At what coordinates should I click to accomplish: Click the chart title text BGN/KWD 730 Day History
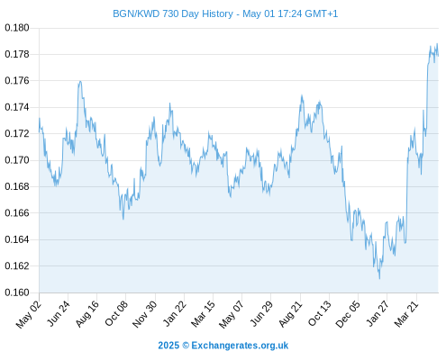coord(173,13)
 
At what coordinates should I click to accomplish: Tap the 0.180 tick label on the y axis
coord(17,28)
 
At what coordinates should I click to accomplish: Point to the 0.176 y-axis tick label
coord(17,81)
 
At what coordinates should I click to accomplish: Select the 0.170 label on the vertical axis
coord(17,160)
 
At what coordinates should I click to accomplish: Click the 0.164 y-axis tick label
coord(17,239)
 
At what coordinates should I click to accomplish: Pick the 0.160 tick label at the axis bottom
coord(17,292)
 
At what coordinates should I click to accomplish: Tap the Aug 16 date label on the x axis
coord(87,313)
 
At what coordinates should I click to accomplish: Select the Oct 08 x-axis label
coord(116,313)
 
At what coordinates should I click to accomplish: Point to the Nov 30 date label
coord(145,314)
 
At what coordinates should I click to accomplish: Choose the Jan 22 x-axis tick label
coord(175,313)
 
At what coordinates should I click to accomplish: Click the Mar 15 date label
coord(204,313)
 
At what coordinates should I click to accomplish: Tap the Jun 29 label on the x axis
coord(261,313)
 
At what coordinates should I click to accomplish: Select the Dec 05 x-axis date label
coord(348,314)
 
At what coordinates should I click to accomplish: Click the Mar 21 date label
coord(406,313)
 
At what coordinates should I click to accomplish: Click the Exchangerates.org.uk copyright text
coord(240,346)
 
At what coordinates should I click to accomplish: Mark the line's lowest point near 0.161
coord(379,279)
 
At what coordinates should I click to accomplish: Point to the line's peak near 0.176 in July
coord(80,81)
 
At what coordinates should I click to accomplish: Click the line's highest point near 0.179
coord(437,44)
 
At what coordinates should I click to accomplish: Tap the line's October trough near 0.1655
coord(123,220)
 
